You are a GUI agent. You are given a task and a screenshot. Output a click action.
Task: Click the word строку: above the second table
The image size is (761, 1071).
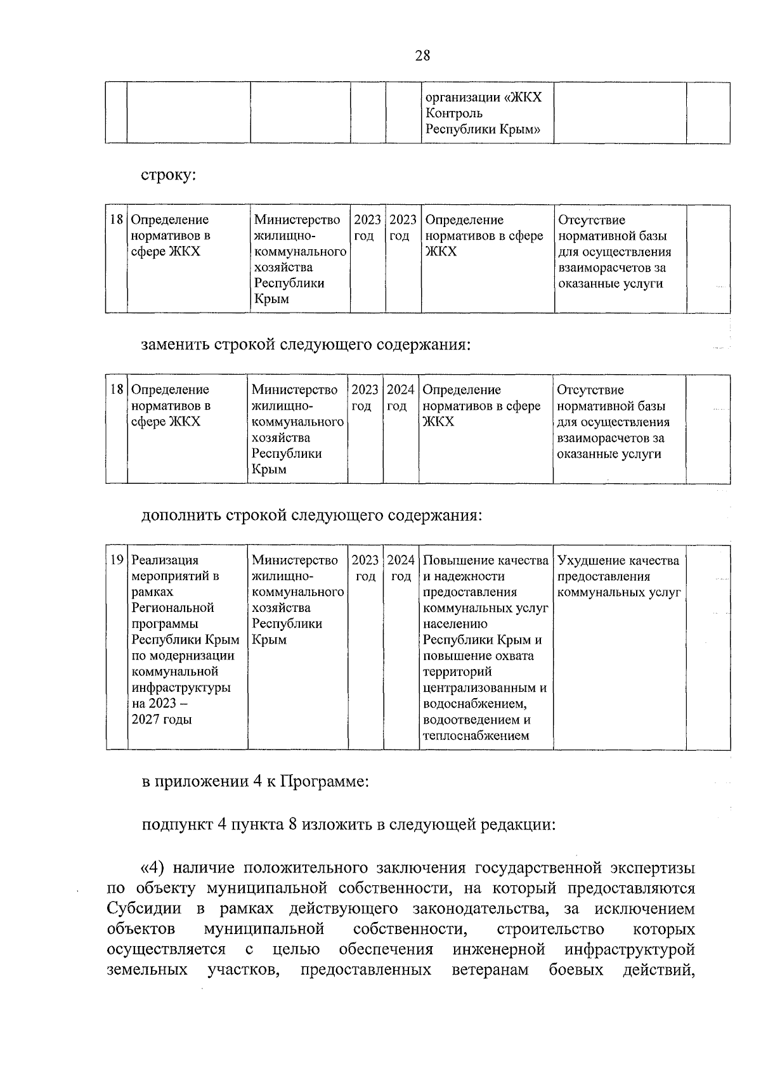point(168,176)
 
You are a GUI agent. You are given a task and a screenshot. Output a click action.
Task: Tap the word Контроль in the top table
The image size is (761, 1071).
point(453,114)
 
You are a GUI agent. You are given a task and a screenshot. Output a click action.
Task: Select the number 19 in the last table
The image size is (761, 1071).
point(117,561)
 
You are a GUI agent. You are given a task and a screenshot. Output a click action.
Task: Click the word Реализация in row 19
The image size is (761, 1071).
point(164,561)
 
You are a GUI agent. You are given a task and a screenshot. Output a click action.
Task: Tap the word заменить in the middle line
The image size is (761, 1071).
point(175,346)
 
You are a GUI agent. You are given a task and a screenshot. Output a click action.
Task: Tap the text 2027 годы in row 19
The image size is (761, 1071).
point(161,720)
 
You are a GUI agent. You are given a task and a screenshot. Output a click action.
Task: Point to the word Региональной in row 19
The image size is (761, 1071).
point(172,608)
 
